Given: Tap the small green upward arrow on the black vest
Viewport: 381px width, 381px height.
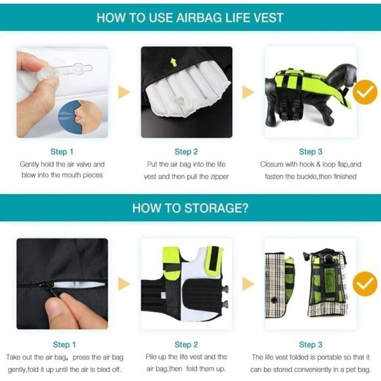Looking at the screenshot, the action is (173, 62).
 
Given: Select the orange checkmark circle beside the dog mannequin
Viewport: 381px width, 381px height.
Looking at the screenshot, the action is (365, 92).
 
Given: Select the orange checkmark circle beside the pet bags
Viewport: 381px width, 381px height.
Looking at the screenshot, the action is (365, 284).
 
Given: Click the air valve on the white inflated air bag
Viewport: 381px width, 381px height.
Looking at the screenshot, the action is (178, 100).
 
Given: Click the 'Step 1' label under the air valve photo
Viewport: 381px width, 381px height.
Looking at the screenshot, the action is (62, 152).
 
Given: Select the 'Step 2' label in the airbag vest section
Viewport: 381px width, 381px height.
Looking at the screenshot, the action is (186, 152).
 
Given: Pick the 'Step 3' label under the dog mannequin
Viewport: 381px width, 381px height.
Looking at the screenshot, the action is (311, 152).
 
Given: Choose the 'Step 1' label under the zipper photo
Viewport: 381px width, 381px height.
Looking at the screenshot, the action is (64, 344).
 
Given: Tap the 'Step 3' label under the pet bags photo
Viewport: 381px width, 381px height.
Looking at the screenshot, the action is (311, 344).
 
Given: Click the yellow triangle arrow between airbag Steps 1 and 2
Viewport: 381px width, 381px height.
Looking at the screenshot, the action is (124, 92).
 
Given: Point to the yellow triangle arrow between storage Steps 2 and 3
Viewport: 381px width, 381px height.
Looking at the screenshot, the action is (248, 284).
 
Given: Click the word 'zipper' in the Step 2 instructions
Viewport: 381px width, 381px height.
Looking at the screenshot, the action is (219, 177).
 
